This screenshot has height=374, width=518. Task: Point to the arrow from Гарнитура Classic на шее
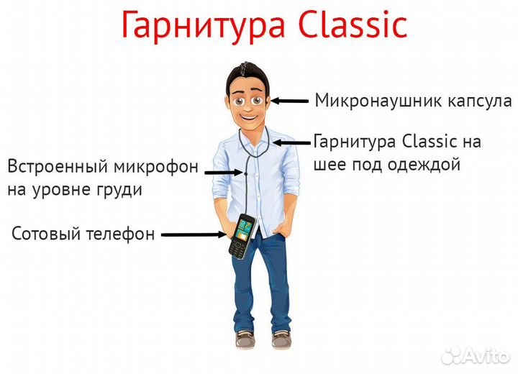pos(291,142)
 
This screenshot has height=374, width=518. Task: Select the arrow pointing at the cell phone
pos(193,234)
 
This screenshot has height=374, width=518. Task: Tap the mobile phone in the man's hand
pos(240,236)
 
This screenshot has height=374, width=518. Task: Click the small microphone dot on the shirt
pos(246,173)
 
